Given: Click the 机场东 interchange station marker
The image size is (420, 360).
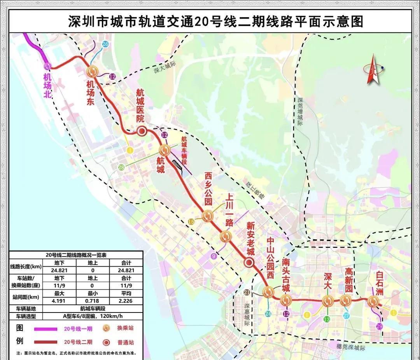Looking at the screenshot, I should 93,71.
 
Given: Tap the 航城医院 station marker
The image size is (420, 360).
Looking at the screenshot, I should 142,131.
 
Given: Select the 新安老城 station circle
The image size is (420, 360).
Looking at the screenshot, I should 248,263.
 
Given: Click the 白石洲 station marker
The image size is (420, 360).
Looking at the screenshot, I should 373,301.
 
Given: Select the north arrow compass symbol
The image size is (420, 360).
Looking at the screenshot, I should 373,70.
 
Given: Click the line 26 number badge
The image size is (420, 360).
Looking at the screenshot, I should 105,44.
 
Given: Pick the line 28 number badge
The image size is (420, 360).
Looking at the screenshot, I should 121,167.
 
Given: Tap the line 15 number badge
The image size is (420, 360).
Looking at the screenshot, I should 191,222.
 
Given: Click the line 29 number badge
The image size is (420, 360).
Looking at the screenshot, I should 380,327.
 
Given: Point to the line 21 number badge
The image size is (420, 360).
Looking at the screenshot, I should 247,293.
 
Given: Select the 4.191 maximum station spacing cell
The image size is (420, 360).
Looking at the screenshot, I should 59,301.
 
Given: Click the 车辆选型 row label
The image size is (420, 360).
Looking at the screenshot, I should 26,316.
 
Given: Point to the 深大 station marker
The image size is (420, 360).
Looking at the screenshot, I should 327,301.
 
